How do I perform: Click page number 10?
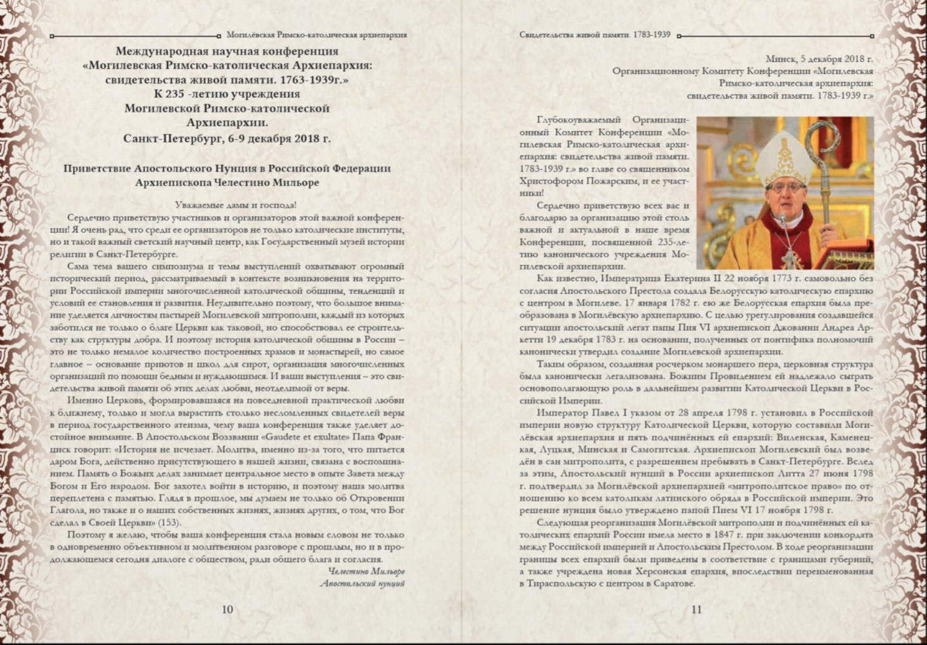(x=227, y=609)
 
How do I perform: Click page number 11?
(x=696, y=609)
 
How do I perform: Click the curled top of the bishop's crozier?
(x=823, y=138)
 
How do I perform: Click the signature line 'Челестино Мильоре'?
(x=366, y=571)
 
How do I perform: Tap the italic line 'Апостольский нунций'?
(x=363, y=583)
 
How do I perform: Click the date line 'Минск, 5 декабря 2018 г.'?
(x=819, y=59)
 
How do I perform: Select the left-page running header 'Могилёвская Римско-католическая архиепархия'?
(x=317, y=36)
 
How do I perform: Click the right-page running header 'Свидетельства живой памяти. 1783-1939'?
(x=595, y=35)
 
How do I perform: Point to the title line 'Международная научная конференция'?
(x=227, y=52)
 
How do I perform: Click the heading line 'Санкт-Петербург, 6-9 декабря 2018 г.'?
(x=227, y=138)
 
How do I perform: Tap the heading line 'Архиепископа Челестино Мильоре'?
(x=227, y=183)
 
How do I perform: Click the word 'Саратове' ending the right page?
(x=672, y=583)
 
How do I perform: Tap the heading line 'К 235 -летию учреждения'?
(x=227, y=95)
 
